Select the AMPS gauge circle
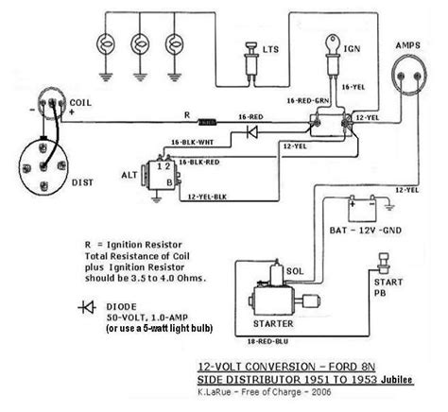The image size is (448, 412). pyautogui.click(x=407, y=80)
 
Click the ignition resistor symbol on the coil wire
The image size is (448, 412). pyautogui.click(x=205, y=122)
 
